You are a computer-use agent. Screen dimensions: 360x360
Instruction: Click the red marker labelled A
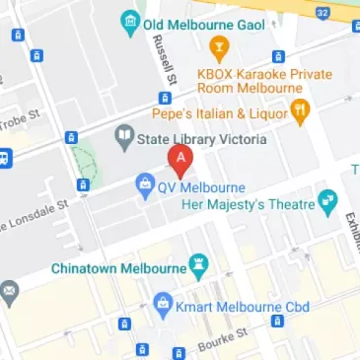tap(180, 159)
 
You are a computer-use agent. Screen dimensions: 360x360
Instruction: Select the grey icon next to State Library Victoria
tap(124, 139)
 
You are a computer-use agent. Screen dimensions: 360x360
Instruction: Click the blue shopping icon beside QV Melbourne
tap(144, 182)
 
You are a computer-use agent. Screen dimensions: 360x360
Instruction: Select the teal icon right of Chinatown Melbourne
tap(201, 266)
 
